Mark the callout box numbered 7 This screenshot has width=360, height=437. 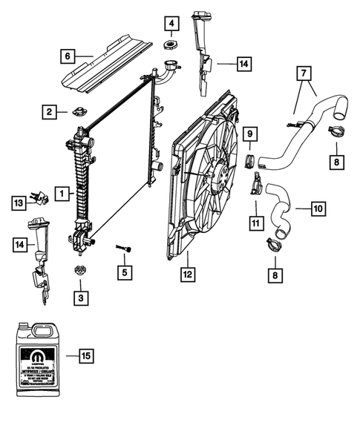coord(303,74)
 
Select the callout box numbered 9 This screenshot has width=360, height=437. coord(251,134)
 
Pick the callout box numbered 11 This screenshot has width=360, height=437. coord(256,221)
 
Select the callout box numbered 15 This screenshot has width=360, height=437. coord(86,355)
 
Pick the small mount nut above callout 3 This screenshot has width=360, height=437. coord(79,272)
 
